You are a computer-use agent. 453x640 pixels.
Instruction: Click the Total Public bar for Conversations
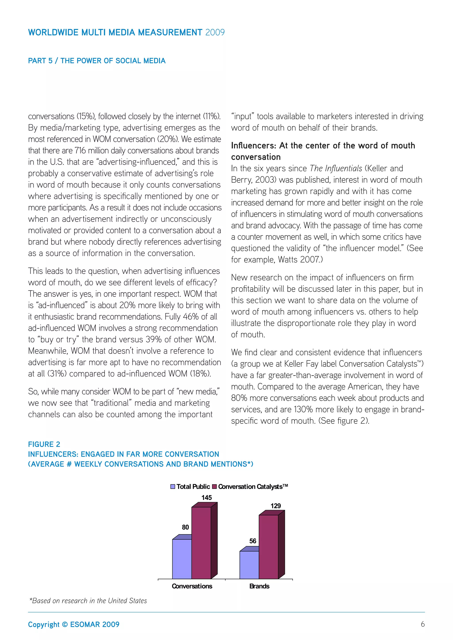pyautogui.click(x=182, y=559)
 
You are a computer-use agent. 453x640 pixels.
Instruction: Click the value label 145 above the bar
pyautogui.click(x=207, y=497)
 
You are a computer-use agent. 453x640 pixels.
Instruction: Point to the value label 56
pyautogui.click(x=253, y=541)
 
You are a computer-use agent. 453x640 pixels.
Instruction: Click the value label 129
pyautogui.click(x=276, y=506)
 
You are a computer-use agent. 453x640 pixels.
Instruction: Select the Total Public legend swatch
pyautogui.click(x=173, y=487)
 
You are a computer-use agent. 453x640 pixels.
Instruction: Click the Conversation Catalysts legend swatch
pyautogui.click(x=214, y=487)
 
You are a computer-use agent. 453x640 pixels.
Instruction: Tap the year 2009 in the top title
pyautogui.click(x=215, y=32)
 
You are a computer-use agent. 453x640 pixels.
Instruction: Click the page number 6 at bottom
pyautogui.click(x=423, y=624)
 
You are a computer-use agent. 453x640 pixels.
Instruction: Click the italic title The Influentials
pyautogui.click(x=336, y=168)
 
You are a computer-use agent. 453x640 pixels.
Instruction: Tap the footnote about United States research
pyautogui.click(x=88, y=601)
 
